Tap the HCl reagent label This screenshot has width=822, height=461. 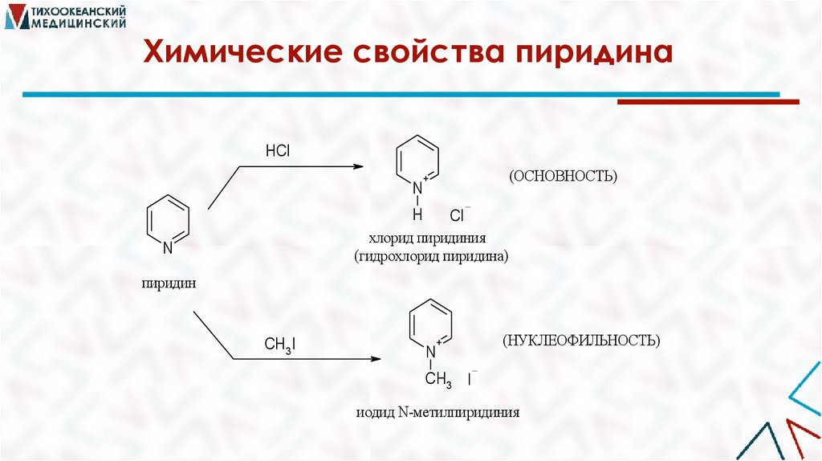point(277,150)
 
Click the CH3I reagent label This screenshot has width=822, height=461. point(281,345)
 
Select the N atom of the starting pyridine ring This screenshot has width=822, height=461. point(168,248)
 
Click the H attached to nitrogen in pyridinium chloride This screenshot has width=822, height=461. point(417,214)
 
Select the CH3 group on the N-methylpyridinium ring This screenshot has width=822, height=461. point(438,379)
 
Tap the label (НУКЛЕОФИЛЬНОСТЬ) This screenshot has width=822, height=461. point(582,341)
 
